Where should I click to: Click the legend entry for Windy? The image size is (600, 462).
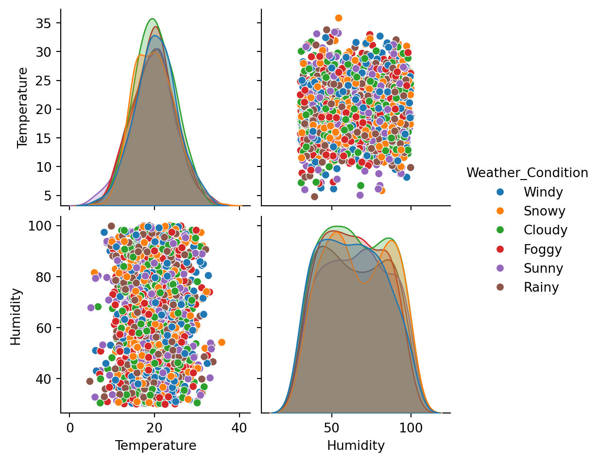tap(543, 192)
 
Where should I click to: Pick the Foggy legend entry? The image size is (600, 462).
tap(543, 249)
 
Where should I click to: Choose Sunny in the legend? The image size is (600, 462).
tap(543, 268)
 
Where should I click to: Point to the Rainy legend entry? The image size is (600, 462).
tap(541, 287)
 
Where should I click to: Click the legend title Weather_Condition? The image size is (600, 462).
tap(527, 173)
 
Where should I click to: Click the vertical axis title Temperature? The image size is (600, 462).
tap(22, 107)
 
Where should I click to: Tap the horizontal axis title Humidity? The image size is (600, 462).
tap(356, 445)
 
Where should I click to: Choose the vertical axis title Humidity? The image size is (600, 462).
tap(16, 316)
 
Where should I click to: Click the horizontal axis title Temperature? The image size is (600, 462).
tap(155, 445)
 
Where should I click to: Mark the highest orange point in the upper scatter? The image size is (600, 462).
tap(339, 18)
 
